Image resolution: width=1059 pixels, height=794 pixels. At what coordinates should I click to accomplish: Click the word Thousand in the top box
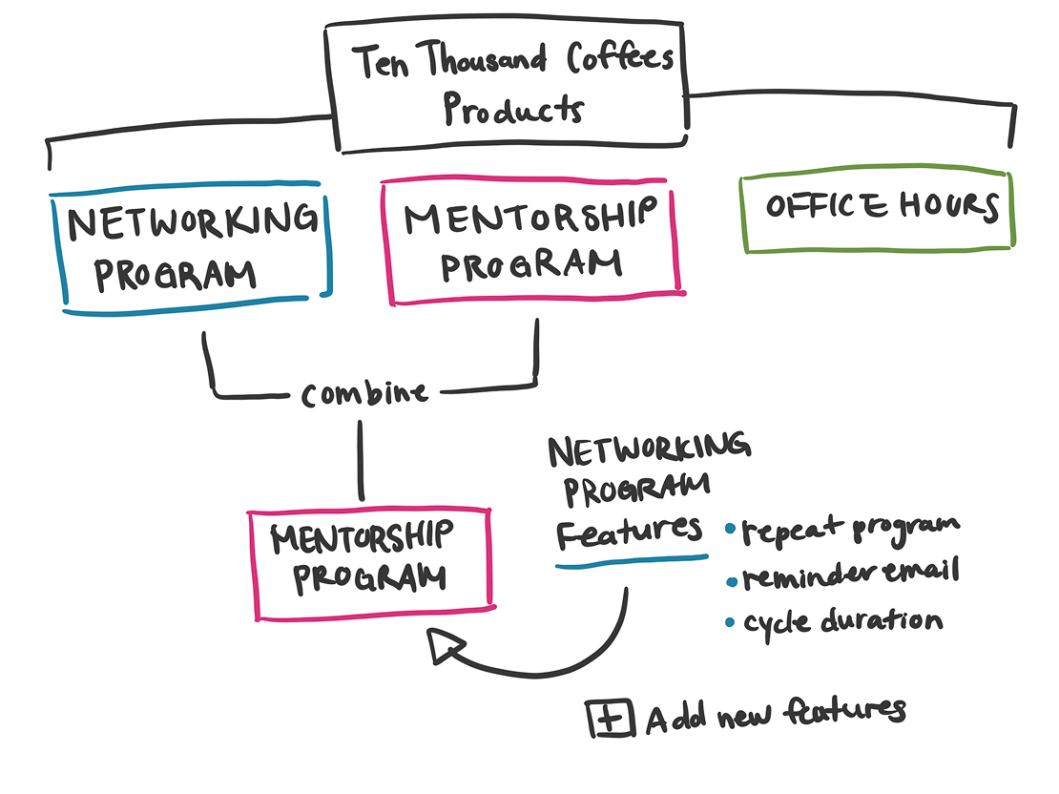(x=486, y=64)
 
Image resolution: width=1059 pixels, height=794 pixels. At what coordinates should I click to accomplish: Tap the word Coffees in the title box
(x=620, y=60)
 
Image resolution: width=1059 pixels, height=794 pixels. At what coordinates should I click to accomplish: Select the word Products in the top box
(x=512, y=109)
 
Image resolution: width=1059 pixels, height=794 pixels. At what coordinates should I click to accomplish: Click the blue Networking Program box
(x=191, y=246)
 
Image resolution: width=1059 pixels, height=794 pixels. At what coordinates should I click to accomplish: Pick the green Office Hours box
(x=876, y=211)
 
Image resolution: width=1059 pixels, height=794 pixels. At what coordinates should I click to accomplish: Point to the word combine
(x=364, y=392)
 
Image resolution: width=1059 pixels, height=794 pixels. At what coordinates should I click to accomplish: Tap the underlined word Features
(x=630, y=531)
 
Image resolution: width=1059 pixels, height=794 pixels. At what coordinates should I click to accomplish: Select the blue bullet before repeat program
(x=730, y=528)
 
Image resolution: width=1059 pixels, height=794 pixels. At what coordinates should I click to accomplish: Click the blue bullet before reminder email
(x=731, y=576)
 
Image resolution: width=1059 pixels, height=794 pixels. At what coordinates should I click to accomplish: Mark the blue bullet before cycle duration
(x=730, y=623)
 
